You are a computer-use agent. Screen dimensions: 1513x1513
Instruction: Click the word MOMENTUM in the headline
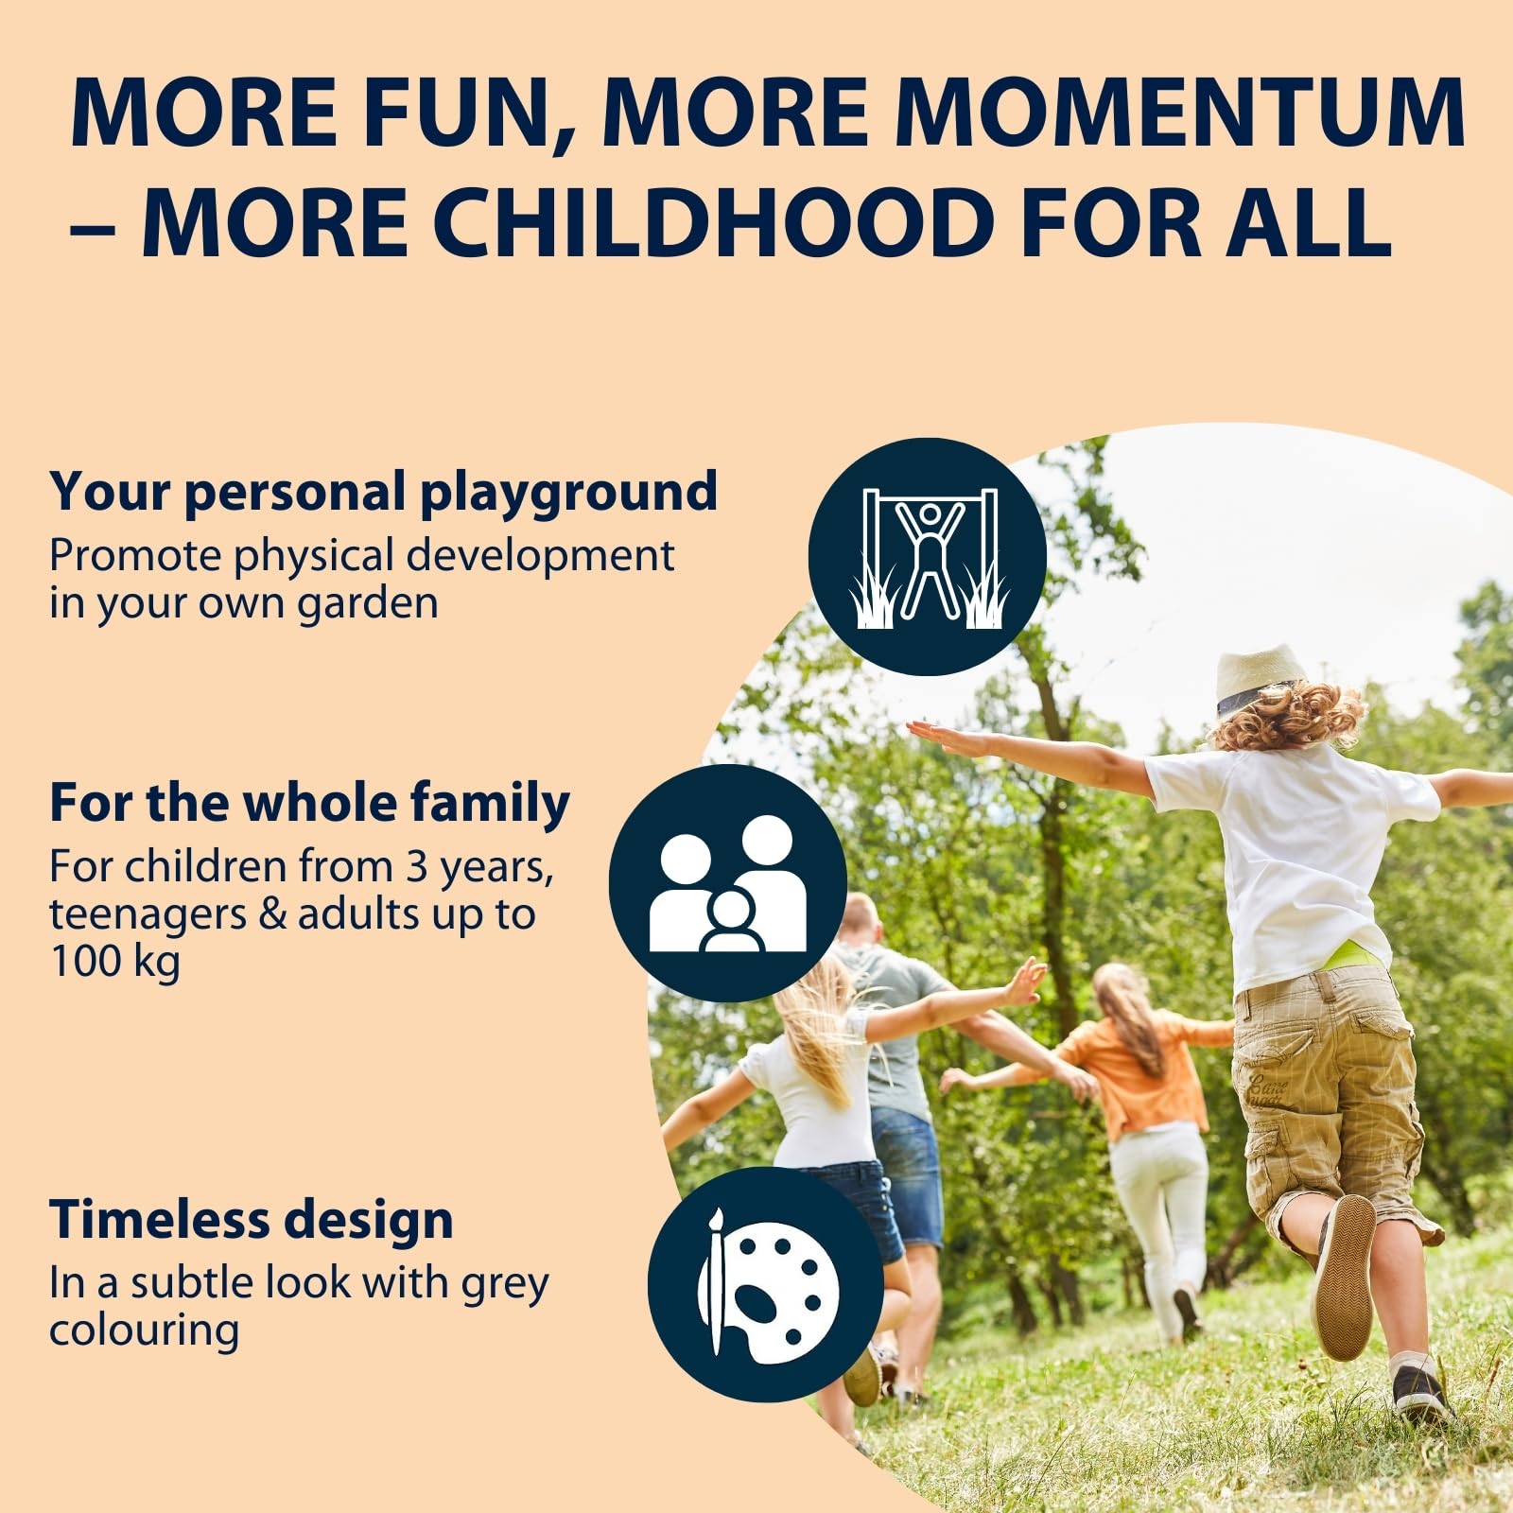click(x=1180, y=113)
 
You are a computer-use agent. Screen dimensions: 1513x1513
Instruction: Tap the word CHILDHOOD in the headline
click(x=712, y=223)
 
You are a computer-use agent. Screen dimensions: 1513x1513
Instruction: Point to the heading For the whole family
click(x=309, y=803)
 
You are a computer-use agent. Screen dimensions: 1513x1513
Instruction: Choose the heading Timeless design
click(x=252, y=1219)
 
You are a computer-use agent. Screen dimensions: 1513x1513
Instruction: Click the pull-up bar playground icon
click(x=927, y=557)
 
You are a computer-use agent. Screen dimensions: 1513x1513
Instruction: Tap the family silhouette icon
click(x=727, y=883)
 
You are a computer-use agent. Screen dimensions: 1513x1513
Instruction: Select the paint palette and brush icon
click(x=766, y=1285)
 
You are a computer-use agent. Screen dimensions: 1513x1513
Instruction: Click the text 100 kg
click(x=114, y=962)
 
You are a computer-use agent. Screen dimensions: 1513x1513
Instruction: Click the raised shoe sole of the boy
click(x=1345, y=1277)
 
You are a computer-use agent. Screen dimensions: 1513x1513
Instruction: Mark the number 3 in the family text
click(x=417, y=867)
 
